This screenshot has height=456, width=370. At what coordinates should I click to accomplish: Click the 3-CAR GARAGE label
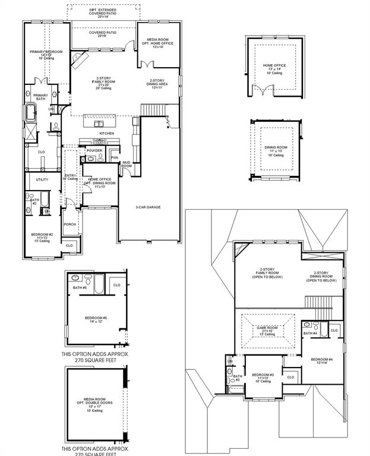coord(148,207)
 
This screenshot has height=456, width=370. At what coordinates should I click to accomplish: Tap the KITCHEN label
coord(106,134)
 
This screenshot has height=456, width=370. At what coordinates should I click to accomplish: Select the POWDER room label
coord(94,151)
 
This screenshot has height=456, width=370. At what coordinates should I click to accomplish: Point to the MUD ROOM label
coord(127,164)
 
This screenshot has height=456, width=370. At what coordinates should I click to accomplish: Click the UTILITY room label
coord(42,179)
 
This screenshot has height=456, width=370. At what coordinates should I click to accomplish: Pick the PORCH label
coord(69,224)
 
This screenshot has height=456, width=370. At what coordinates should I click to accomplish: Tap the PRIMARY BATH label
coord(40,97)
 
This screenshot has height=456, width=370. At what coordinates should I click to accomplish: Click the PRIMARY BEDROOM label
coord(46,52)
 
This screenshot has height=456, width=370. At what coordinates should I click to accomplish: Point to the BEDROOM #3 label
coord(262,375)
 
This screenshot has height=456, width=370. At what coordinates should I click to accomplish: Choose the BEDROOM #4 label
coord(322,360)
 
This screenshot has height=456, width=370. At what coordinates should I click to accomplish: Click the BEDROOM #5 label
coord(96,318)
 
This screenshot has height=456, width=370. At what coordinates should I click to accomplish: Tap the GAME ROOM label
coord(267,328)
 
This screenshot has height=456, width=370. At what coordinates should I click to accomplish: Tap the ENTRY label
coord(70,176)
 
